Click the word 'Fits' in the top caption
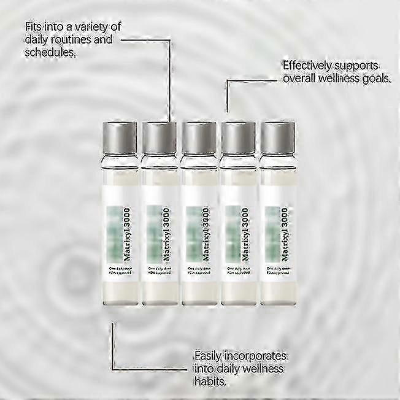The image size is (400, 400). pos(34,28)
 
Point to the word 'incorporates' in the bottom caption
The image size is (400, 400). pos(258,355)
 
